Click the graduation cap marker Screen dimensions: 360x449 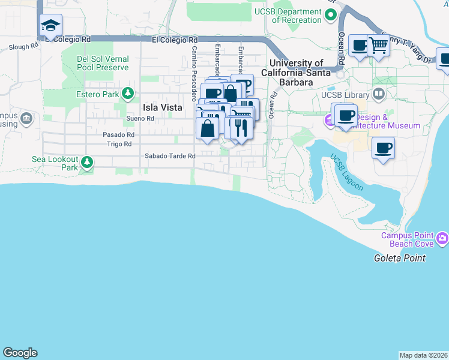click(51, 25)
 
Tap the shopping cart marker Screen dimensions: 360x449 click(378, 45)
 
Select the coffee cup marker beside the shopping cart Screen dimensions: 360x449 click(360, 46)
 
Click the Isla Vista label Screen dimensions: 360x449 click(162, 107)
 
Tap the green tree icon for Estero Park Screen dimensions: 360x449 click(127, 94)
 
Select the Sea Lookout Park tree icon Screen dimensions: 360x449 click(87, 162)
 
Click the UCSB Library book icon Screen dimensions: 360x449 click(378, 94)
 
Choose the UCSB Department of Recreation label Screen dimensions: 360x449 click(297, 16)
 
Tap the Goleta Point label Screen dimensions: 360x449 click(399, 258)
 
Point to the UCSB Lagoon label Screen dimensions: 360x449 click(346, 172)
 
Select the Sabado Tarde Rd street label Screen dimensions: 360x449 click(170, 156)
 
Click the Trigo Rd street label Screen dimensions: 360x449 click(119, 144)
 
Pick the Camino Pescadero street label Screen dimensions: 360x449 click(194, 73)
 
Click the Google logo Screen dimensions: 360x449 click(20, 353)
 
